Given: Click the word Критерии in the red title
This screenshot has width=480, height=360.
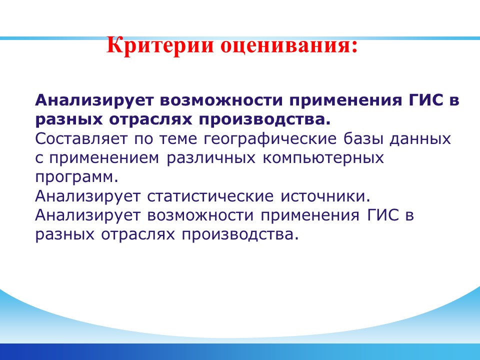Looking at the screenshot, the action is click(160, 46).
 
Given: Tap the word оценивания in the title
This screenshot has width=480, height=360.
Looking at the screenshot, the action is click(286, 46).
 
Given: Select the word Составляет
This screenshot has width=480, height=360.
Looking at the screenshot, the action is click(81, 139).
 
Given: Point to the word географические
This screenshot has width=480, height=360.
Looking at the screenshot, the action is click(270, 139).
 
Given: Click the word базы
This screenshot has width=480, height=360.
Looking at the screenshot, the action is click(363, 139).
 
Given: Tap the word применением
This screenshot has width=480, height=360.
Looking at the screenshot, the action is click(104, 158).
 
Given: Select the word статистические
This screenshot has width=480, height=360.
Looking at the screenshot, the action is click(210, 196).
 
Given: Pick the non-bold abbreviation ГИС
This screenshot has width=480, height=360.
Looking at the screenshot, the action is click(383, 215).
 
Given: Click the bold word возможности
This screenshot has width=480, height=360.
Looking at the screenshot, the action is click(220, 100).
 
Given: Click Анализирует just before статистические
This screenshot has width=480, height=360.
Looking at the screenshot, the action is click(88, 197).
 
